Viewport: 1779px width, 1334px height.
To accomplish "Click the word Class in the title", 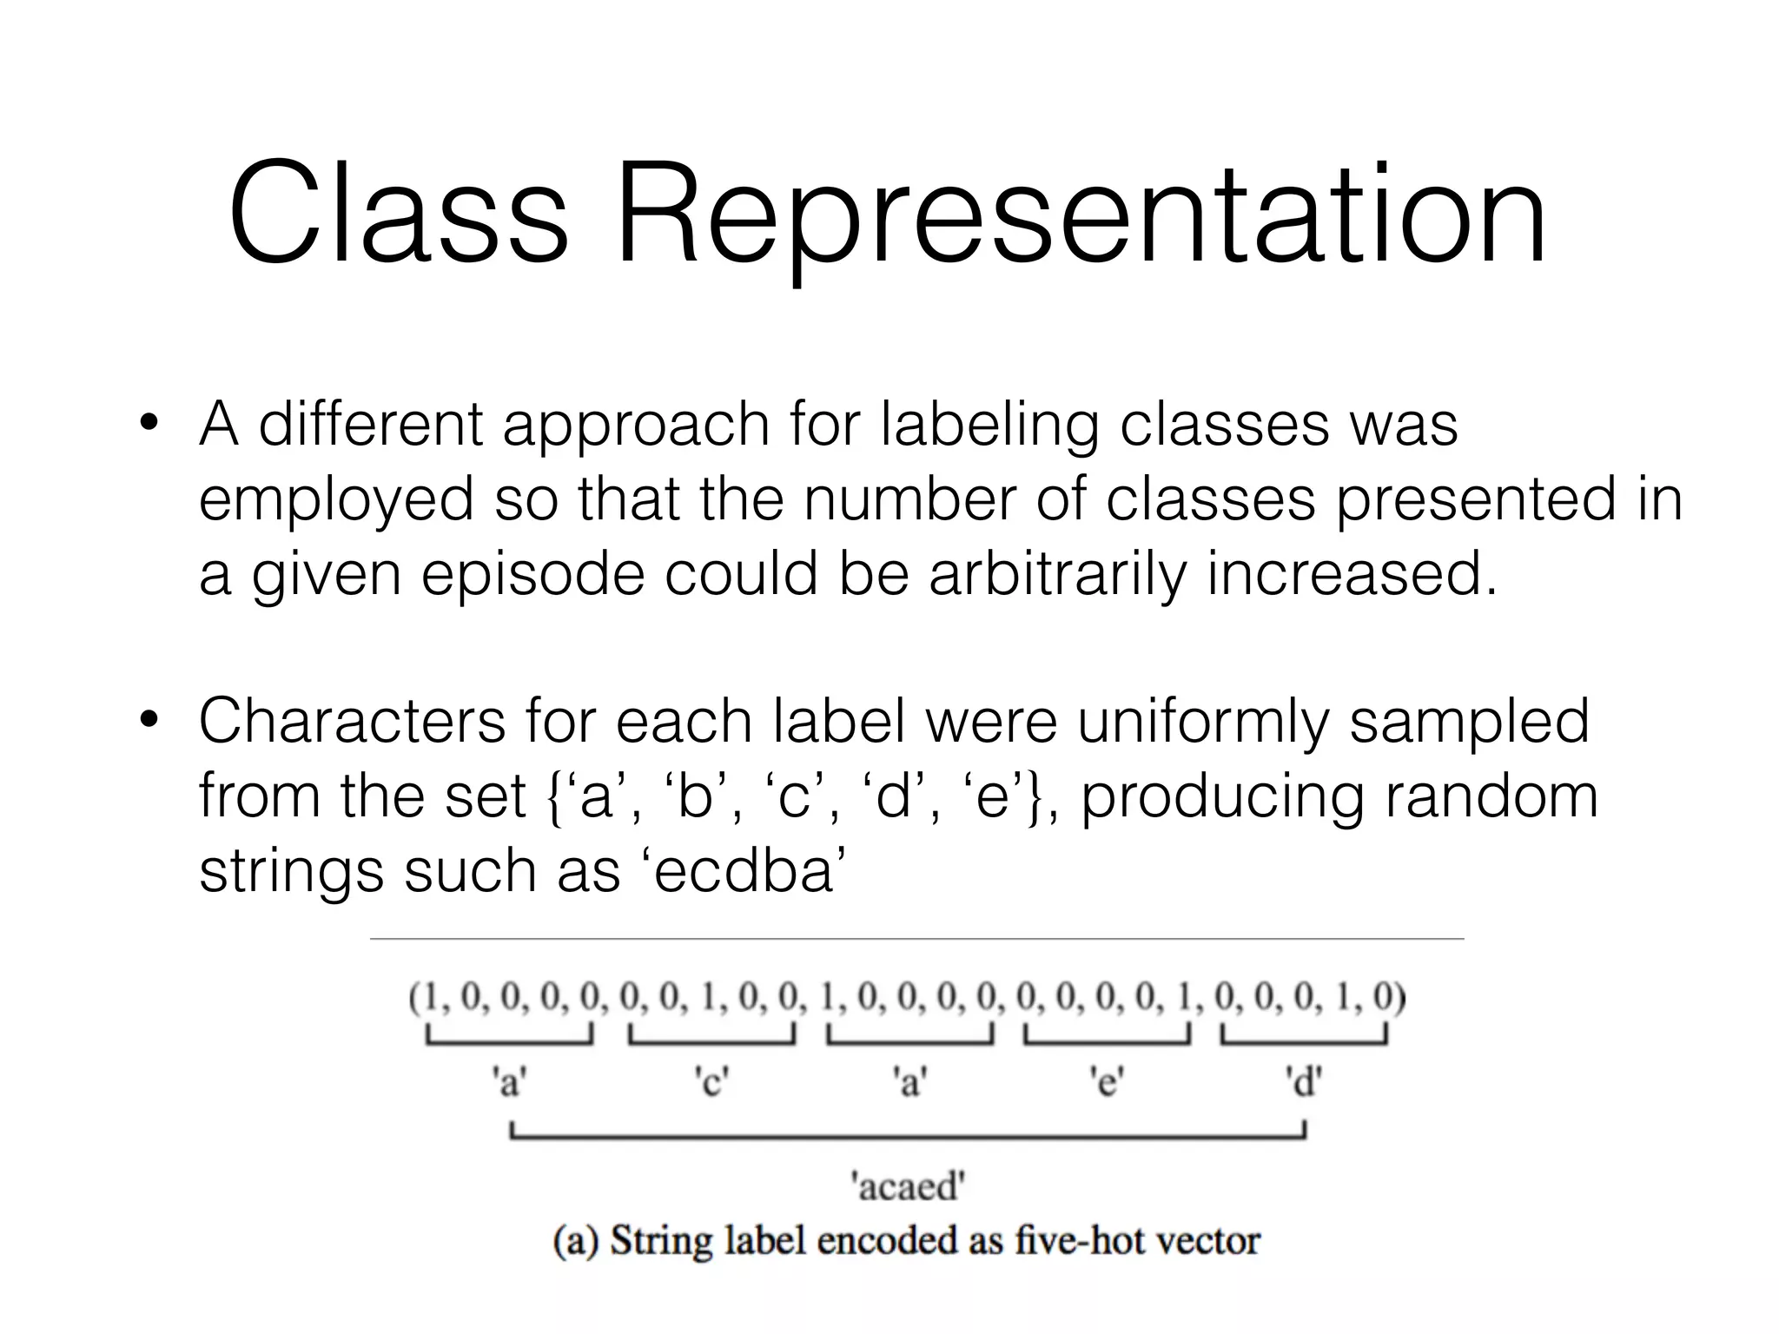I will click(x=398, y=214).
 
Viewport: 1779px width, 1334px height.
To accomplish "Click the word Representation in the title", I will click(x=1081, y=217).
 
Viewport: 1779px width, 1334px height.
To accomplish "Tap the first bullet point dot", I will click(x=150, y=426).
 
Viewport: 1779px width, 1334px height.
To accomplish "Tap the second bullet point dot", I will click(x=150, y=721).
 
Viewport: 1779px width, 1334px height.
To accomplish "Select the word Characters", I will click(x=352, y=721).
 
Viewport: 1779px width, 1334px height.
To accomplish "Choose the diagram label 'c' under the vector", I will click(x=711, y=1083).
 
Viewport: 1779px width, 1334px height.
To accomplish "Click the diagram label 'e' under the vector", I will click(x=1107, y=1083).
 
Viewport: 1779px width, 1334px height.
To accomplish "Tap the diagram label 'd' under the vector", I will click(x=1303, y=1083).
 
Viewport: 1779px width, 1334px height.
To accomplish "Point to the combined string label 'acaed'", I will click(x=908, y=1185).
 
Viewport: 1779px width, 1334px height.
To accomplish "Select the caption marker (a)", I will click(x=576, y=1240).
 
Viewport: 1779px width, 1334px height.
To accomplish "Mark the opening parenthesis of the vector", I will click(x=415, y=1000).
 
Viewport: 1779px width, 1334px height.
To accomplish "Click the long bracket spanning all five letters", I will click(x=908, y=1133).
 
